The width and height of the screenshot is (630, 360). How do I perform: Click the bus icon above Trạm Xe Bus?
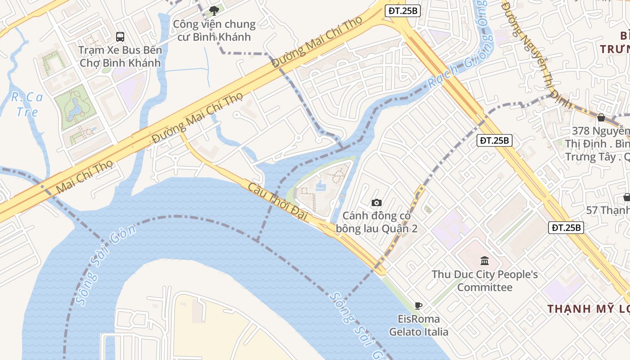(x=120, y=36)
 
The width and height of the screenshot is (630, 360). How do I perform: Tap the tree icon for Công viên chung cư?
(x=214, y=10)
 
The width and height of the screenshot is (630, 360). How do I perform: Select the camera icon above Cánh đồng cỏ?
(x=377, y=202)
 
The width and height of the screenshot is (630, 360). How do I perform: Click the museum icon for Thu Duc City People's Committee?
(x=485, y=261)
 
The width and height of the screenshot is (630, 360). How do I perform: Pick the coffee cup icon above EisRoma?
(x=418, y=306)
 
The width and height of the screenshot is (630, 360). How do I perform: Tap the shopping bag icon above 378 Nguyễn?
(x=601, y=117)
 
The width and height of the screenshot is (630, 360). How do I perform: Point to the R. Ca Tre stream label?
(x=27, y=104)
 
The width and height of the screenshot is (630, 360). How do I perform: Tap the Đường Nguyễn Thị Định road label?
(x=535, y=54)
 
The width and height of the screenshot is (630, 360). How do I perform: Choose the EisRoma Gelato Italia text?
(x=418, y=325)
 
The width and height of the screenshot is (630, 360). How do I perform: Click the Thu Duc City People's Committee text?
(x=485, y=281)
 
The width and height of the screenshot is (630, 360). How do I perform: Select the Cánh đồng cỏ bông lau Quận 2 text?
(x=377, y=222)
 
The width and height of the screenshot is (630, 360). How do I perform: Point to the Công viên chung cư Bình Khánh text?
(x=214, y=30)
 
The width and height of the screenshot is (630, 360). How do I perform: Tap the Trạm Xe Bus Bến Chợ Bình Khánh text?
(x=120, y=56)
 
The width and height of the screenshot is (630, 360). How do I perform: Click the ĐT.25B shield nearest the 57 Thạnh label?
(x=567, y=228)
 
